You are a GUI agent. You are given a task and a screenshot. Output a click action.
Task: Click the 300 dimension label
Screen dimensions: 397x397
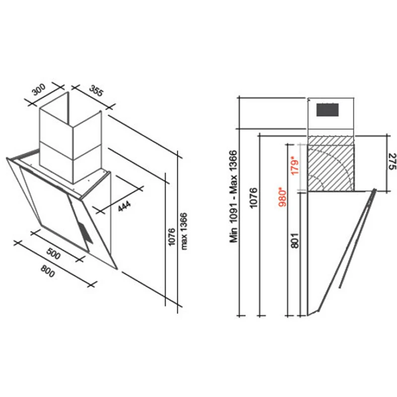pos(39,90)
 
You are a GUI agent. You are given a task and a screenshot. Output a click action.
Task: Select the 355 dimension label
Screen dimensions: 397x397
pos(96,91)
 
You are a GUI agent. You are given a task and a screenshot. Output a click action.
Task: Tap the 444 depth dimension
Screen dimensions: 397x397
pos(125,206)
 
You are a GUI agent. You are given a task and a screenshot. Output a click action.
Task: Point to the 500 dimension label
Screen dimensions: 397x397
pos(54,254)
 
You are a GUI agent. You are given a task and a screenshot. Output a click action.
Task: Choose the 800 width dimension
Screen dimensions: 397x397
pos(48,271)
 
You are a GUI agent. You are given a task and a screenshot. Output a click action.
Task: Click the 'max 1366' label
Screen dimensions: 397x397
pos(184,231)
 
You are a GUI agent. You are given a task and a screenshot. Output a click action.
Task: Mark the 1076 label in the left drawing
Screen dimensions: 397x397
pos(171,237)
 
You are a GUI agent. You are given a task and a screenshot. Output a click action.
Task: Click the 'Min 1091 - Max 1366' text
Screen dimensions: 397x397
pos(233,197)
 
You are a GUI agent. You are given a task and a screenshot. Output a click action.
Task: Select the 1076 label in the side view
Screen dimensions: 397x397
pos(253,198)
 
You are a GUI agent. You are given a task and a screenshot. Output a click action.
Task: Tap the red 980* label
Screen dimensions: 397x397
pos(282,197)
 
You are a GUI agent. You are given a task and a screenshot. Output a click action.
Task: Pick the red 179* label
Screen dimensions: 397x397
pos(295,166)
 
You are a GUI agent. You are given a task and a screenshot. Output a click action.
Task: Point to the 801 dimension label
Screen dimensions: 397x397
pos(295,241)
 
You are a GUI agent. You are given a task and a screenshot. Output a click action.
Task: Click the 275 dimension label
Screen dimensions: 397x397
pos(392,162)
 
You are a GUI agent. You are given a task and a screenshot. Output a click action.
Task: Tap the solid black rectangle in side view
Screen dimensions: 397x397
pos(328,110)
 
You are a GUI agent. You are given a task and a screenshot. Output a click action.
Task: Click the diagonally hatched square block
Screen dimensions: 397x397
pos(331,164)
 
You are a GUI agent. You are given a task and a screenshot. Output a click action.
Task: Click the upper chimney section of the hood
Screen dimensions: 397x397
pos(70,127)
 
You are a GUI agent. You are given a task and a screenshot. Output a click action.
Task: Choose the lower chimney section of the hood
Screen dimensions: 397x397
pos(70,162)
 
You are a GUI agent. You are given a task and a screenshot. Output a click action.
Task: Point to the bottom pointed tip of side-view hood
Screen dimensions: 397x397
pos(308,316)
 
